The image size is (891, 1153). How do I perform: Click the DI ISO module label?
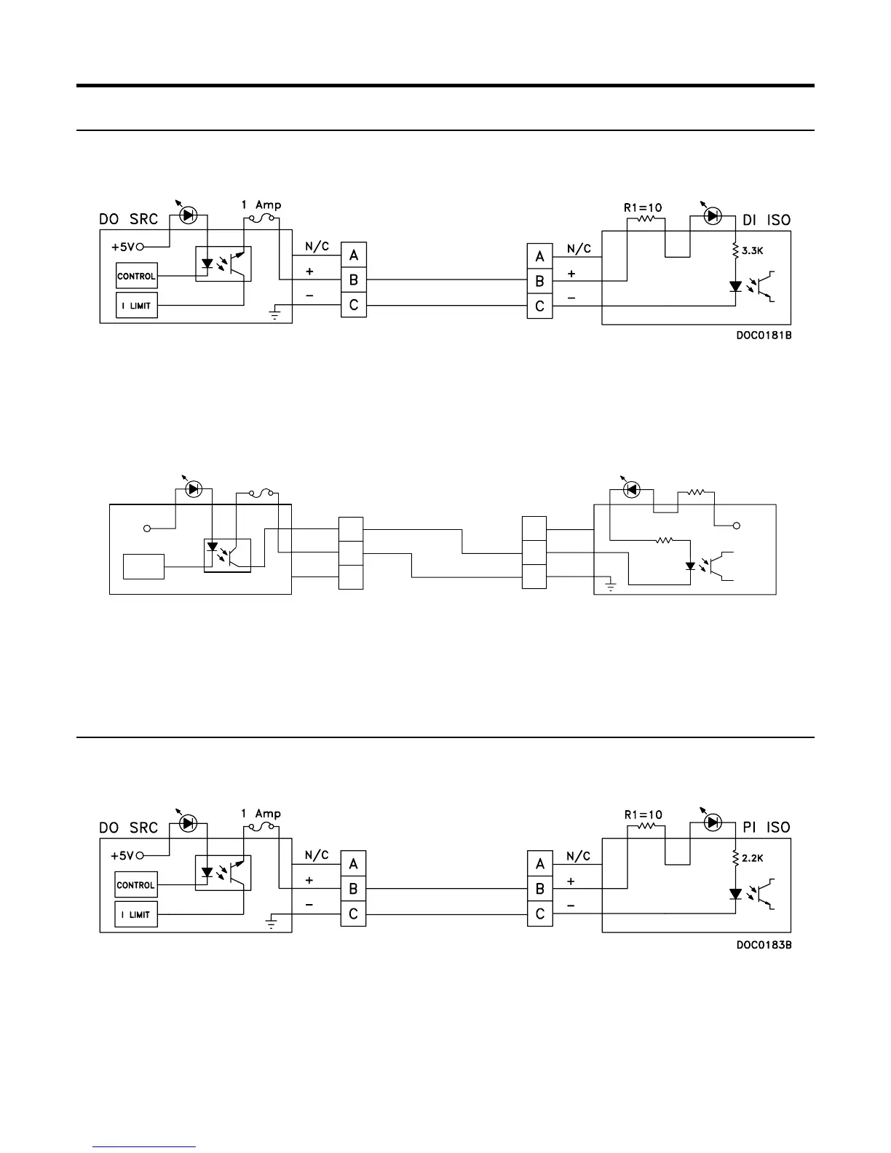[x=767, y=219]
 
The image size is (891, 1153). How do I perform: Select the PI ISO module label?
[x=767, y=828]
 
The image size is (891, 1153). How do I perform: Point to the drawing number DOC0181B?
[x=763, y=337]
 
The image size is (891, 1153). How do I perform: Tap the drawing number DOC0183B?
[x=763, y=946]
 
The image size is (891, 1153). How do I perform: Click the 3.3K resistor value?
[x=753, y=250]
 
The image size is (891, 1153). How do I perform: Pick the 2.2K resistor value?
[x=753, y=858]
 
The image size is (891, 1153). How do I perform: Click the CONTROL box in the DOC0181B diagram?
[x=136, y=276]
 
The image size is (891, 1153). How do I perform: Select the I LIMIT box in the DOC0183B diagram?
[x=136, y=914]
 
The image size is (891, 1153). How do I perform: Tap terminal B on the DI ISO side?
[x=539, y=280]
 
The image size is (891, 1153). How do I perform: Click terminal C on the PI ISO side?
[x=539, y=914]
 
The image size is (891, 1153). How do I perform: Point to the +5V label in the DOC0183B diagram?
[x=122, y=855]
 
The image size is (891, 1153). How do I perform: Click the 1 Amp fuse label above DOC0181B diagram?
[x=261, y=205]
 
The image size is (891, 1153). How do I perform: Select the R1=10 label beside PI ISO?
[x=643, y=815]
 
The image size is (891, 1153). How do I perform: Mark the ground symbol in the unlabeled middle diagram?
[x=611, y=585]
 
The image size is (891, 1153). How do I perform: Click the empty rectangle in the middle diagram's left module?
[x=143, y=567]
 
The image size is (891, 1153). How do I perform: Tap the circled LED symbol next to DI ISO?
[x=713, y=215]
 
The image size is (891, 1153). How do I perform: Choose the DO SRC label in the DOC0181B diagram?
[x=128, y=219]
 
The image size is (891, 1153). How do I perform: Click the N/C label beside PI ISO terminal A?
[x=579, y=857]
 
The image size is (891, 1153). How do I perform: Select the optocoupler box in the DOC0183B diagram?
[x=223, y=872]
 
